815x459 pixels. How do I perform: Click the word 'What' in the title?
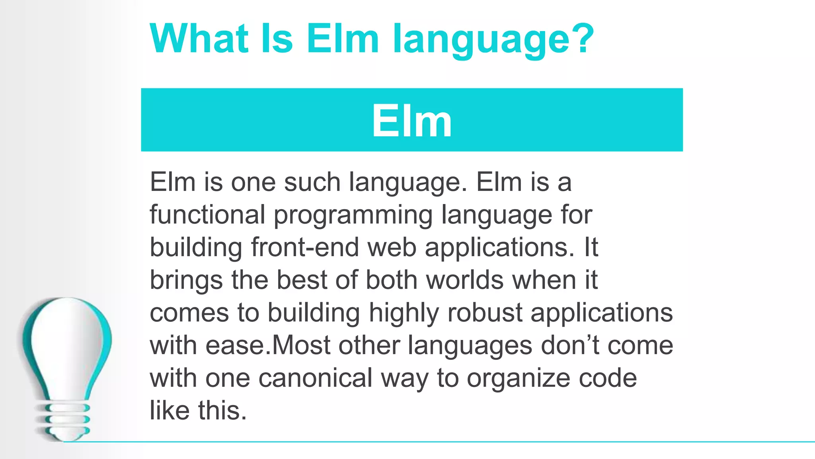pyautogui.click(x=199, y=39)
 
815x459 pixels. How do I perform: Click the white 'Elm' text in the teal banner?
pyautogui.click(x=412, y=121)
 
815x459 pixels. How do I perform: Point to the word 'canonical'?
pyautogui.click(x=315, y=378)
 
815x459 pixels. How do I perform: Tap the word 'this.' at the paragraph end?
pyautogui.click(x=222, y=410)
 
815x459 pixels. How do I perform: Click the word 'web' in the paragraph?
pyautogui.click(x=392, y=247)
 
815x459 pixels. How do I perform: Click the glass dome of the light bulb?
pyautogui.click(x=67, y=343)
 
